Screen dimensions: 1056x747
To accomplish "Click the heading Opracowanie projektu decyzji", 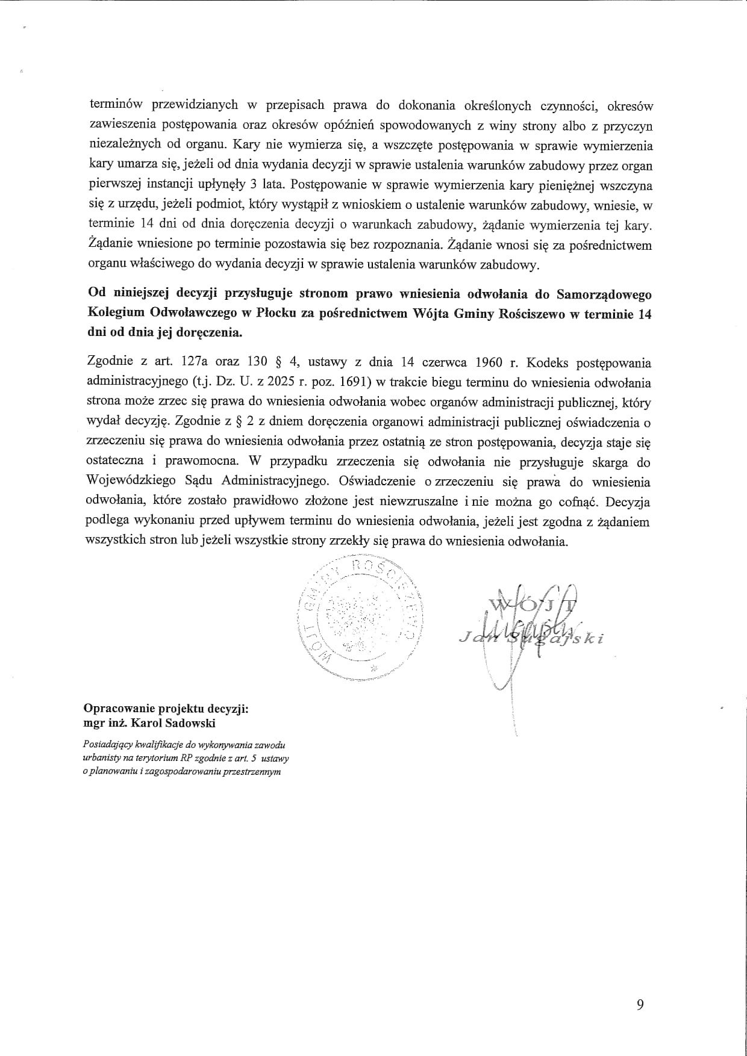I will click(166, 709).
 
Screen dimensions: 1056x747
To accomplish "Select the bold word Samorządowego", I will click(604, 294).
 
